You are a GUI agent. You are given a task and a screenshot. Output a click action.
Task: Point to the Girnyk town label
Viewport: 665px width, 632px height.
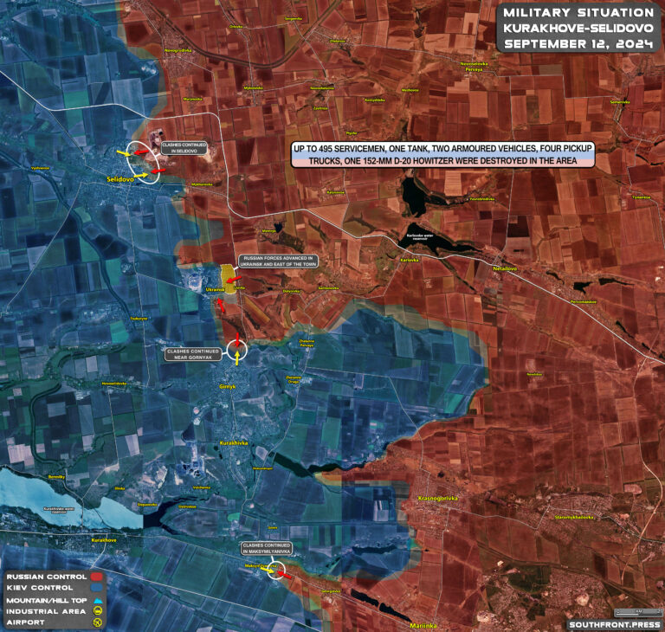coord(228,386)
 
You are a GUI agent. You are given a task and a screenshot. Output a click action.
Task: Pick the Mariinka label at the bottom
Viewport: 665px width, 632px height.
coord(423,625)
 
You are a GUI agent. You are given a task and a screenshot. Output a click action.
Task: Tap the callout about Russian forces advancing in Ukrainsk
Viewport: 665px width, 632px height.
coord(279,261)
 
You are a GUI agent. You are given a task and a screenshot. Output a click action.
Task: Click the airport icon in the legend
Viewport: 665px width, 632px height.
coord(98,622)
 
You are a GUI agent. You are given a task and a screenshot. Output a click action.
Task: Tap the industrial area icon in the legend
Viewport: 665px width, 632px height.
coord(98,610)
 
